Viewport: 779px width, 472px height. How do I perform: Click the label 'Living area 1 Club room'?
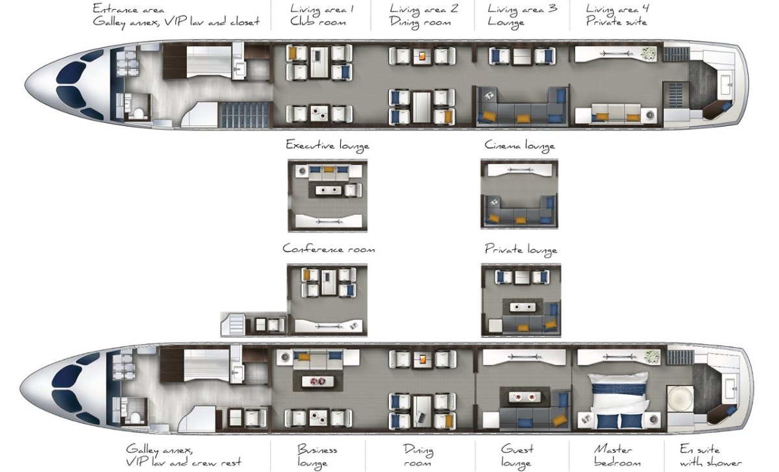pos(321,15)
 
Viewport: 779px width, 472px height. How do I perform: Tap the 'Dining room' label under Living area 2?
pos(420,23)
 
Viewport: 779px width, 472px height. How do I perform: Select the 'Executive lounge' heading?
pos(327,145)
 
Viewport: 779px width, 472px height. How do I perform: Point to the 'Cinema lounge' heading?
pos(519,145)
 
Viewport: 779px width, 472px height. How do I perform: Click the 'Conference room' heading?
pos(328,249)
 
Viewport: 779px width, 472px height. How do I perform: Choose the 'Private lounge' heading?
pos(521,250)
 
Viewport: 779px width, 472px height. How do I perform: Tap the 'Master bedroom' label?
pos(617,456)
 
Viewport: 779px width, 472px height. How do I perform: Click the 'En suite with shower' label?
pos(710,456)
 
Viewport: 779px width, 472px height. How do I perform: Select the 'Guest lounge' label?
pos(517,456)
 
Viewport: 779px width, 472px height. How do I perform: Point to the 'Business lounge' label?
pos(317,456)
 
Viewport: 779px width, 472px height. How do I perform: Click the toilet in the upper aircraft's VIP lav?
pos(138,114)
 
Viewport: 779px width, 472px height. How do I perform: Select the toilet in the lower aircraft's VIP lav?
pos(135,417)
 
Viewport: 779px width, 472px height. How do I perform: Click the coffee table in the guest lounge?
pos(525,397)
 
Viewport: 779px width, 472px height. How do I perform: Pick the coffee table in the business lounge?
pos(318,381)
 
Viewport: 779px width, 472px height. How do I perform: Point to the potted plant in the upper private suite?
pos(649,54)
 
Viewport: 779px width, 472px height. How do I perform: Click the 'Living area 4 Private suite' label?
pos(617,15)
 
